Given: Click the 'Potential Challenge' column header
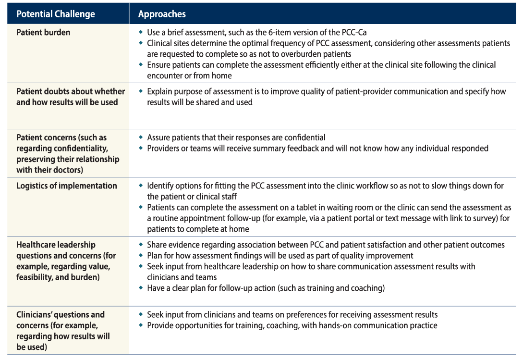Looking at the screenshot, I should click(56, 14).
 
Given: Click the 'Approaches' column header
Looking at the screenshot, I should click(162, 14).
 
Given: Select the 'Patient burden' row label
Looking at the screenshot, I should click(43, 33).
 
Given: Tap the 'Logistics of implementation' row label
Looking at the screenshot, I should click(67, 186).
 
